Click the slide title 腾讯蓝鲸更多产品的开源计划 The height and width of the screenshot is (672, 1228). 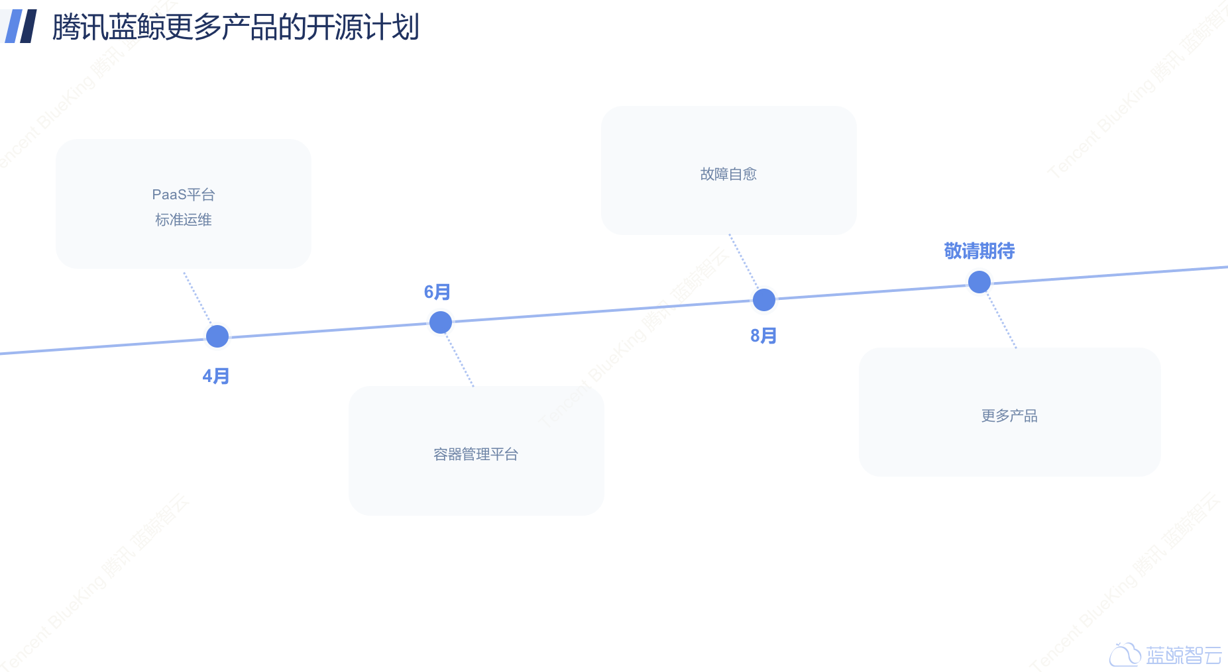point(235,27)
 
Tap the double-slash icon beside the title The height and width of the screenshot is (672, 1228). point(21,26)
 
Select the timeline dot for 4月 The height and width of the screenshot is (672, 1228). point(217,336)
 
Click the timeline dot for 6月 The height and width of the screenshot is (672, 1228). point(441,322)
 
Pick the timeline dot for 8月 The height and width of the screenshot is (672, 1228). point(764,300)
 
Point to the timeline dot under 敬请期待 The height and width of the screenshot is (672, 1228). point(979,282)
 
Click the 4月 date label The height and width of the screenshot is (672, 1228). point(216,376)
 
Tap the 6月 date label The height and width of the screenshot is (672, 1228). point(437,292)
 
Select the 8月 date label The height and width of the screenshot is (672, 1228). point(763,336)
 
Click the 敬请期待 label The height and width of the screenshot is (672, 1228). point(979,251)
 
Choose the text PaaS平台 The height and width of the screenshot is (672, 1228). point(184,195)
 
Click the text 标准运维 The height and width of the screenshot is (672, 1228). point(184,220)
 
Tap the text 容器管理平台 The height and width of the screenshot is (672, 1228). point(476,454)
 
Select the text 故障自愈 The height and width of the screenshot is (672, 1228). point(728,174)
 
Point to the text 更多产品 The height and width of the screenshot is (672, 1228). point(1009,416)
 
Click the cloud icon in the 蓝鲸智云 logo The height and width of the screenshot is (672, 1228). point(1125,655)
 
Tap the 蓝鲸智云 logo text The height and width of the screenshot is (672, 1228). point(1184,655)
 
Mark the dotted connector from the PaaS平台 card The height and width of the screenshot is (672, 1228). point(197,297)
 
